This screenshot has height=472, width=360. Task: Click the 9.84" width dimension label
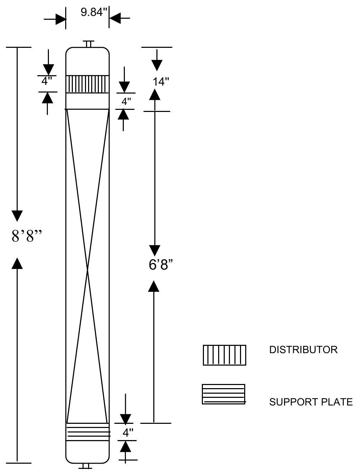click(94, 12)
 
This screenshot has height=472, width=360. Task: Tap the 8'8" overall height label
click(27, 236)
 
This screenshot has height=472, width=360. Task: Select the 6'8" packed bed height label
click(161, 265)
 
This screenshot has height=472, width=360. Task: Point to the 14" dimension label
click(161, 82)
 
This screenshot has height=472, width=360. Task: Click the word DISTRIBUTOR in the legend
click(303, 350)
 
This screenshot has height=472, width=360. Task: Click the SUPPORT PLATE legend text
click(311, 402)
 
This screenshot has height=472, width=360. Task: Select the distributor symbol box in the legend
click(224, 355)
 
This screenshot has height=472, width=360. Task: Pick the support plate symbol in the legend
click(224, 394)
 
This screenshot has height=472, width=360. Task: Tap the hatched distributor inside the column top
click(87, 84)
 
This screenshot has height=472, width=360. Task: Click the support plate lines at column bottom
click(88, 432)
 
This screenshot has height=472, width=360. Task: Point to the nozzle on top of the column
click(88, 44)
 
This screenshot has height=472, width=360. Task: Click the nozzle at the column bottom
click(86, 466)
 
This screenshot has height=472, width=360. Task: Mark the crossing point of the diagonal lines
click(87, 270)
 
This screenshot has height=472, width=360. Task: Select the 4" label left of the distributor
click(46, 81)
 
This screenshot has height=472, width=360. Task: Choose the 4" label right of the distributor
click(126, 102)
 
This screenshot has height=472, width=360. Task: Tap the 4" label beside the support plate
click(128, 432)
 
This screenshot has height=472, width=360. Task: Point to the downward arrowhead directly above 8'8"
click(17, 216)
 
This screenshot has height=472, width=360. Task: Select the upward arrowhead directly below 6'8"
click(154, 286)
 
